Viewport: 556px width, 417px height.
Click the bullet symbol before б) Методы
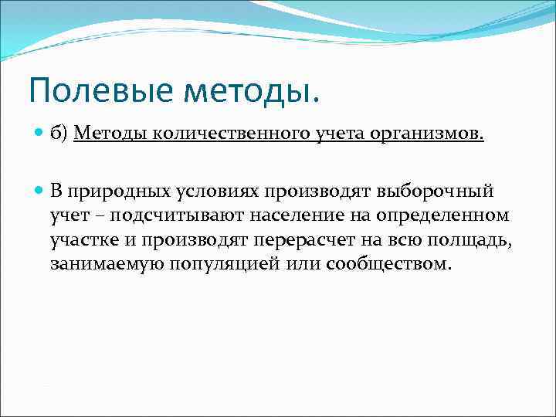tap(40, 134)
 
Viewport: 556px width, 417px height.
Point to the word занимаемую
tap(100, 265)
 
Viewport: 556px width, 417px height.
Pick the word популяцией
tap(223, 265)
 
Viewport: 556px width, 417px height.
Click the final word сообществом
tap(388, 265)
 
